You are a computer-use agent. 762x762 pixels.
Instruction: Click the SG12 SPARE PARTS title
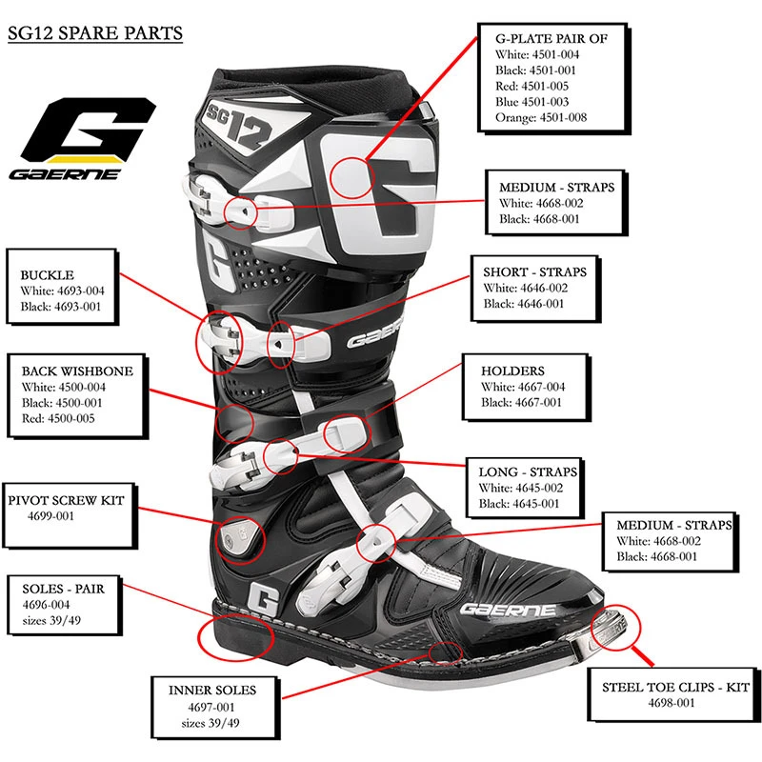pos(94,34)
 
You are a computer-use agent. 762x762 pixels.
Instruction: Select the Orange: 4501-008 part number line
pos(541,117)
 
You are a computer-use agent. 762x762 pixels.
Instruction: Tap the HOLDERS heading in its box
pos(512,371)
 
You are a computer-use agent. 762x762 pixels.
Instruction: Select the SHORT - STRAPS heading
pos(534,271)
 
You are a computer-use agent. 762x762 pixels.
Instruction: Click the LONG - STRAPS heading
pos(528,471)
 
